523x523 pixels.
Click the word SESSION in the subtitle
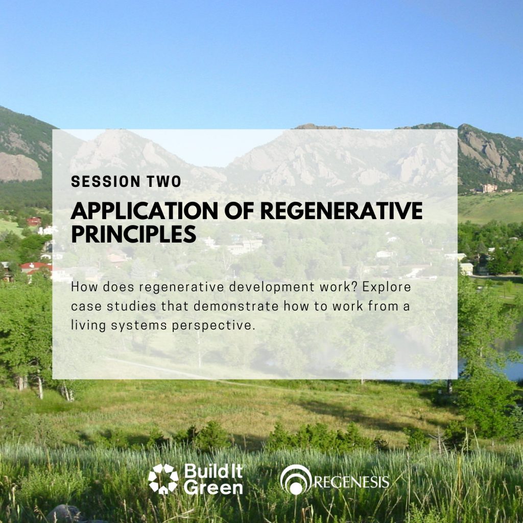pyautogui.click(x=106, y=181)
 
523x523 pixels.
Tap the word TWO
pyautogui.click(x=164, y=181)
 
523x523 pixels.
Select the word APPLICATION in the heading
pyautogui.click(x=145, y=211)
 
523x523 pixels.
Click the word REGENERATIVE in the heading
pyautogui.click(x=341, y=211)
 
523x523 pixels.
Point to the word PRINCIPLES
pyautogui.click(x=133, y=234)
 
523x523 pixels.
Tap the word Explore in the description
pyautogui.click(x=387, y=287)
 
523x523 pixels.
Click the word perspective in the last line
pyautogui.click(x=213, y=325)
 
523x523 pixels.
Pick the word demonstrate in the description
pyautogui.click(x=236, y=306)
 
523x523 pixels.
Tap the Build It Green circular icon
pyautogui.click(x=163, y=479)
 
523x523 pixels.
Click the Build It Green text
pyautogui.click(x=213, y=479)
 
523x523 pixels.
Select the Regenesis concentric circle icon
pyautogui.click(x=296, y=480)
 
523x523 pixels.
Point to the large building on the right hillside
pyautogui.click(x=490, y=188)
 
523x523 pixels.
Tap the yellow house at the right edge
pyautogui.click(x=466, y=269)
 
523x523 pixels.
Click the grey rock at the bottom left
pyautogui.click(x=65, y=514)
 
